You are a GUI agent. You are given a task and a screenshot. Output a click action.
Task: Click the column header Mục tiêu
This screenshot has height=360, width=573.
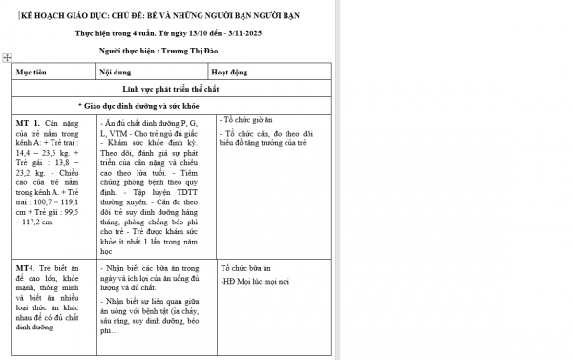[x=32, y=72]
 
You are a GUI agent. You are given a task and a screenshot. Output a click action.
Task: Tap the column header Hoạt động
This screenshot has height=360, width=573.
[x=229, y=72]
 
